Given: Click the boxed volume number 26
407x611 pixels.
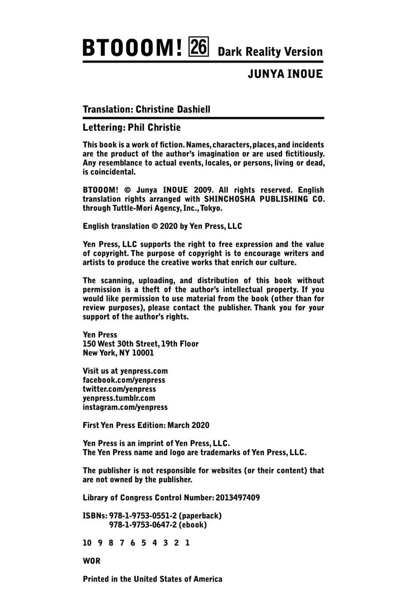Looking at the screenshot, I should [199, 48].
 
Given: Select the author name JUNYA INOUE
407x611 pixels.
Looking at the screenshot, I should [285, 74].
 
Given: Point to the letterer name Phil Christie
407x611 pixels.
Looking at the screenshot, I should [154, 128].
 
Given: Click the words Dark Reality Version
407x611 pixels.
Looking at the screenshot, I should [270, 52].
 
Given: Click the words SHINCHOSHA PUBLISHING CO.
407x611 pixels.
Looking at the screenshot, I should [264, 199].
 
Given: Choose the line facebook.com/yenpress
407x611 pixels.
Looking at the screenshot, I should [124, 380].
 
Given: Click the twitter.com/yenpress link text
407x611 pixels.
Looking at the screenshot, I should [119, 389].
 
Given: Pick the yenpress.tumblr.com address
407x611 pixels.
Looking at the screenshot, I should [119, 398].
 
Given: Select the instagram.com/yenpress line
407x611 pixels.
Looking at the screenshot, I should [125, 407].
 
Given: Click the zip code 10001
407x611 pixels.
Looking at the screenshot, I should [143, 353].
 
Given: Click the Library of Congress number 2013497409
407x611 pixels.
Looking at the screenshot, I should [238, 498].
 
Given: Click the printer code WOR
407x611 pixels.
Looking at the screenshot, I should [91, 561].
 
